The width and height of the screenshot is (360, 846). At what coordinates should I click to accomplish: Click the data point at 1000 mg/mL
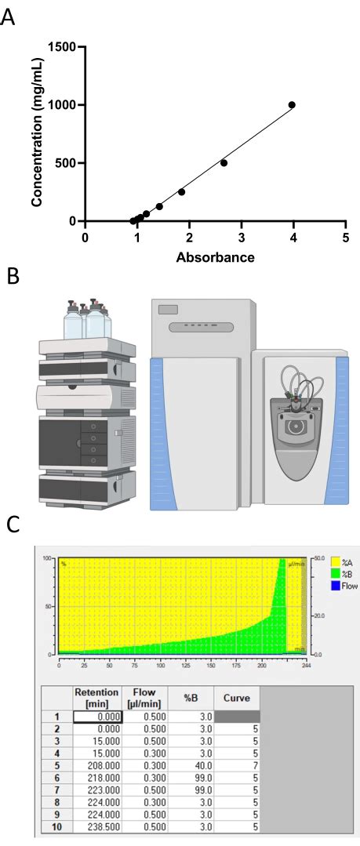pyautogui.click(x=292, y=105)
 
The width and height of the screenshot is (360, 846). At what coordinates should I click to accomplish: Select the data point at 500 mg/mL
pyautogui.click(x=224, y=163)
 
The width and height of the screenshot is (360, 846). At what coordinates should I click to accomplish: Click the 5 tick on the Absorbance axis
pyautogui.click(x=346, y=238)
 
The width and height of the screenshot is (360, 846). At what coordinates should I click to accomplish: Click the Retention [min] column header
pyautogui.click(x=97, y=697)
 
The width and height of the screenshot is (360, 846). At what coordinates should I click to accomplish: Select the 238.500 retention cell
pyautogui.click(x=97, y=826)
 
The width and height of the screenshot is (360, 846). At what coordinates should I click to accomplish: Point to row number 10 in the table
pyautogui.click(x=56, y=826)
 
